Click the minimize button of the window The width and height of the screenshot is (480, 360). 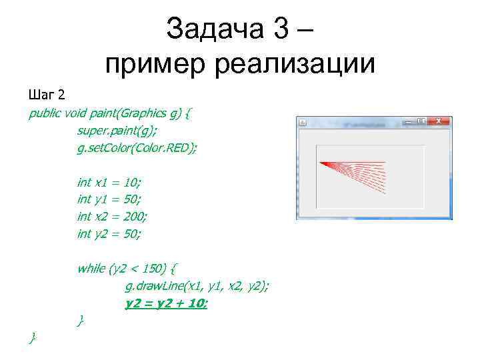[407, 121]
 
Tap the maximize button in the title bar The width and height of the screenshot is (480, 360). [421, 121]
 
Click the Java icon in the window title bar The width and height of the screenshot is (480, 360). [302, 122]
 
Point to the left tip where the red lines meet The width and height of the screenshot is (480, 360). [321, 163]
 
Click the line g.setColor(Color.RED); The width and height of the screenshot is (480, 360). [137, 147]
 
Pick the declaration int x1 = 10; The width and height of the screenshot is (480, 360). [109, 182]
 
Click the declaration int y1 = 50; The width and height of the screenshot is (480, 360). [109, 199]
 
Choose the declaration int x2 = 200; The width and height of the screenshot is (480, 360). [112, 217]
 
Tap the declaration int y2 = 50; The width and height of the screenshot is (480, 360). [109, 234]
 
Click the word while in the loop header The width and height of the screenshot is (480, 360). [91, 269]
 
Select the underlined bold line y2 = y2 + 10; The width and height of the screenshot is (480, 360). [167, 303]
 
